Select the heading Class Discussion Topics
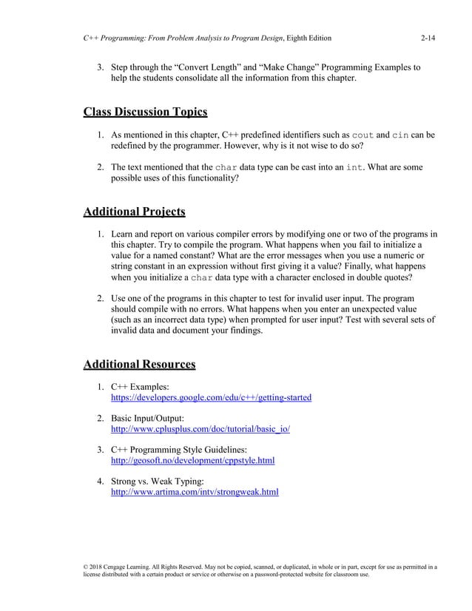(145, 112)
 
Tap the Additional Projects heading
(134, 212)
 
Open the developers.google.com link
(211, 398)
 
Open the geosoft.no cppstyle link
(192, 461)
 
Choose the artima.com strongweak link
(195, 491)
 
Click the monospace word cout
(363, 136)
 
